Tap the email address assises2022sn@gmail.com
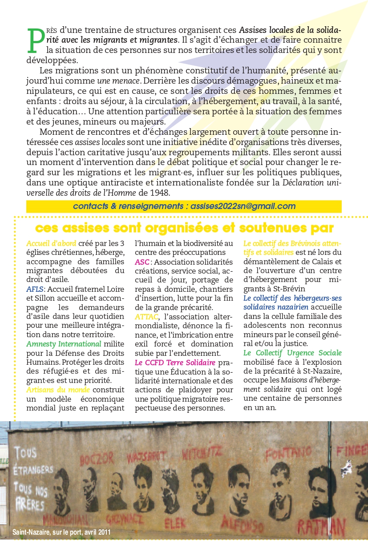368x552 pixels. [243, 206]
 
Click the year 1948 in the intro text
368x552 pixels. [161, 193]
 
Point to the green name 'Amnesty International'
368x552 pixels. [64, 344]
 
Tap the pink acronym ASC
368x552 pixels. [142, 262]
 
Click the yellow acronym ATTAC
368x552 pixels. [146, 317]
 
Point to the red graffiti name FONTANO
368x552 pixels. [288, 454]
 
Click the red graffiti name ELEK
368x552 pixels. [175, 521]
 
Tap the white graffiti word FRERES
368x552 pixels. [29, 505]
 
